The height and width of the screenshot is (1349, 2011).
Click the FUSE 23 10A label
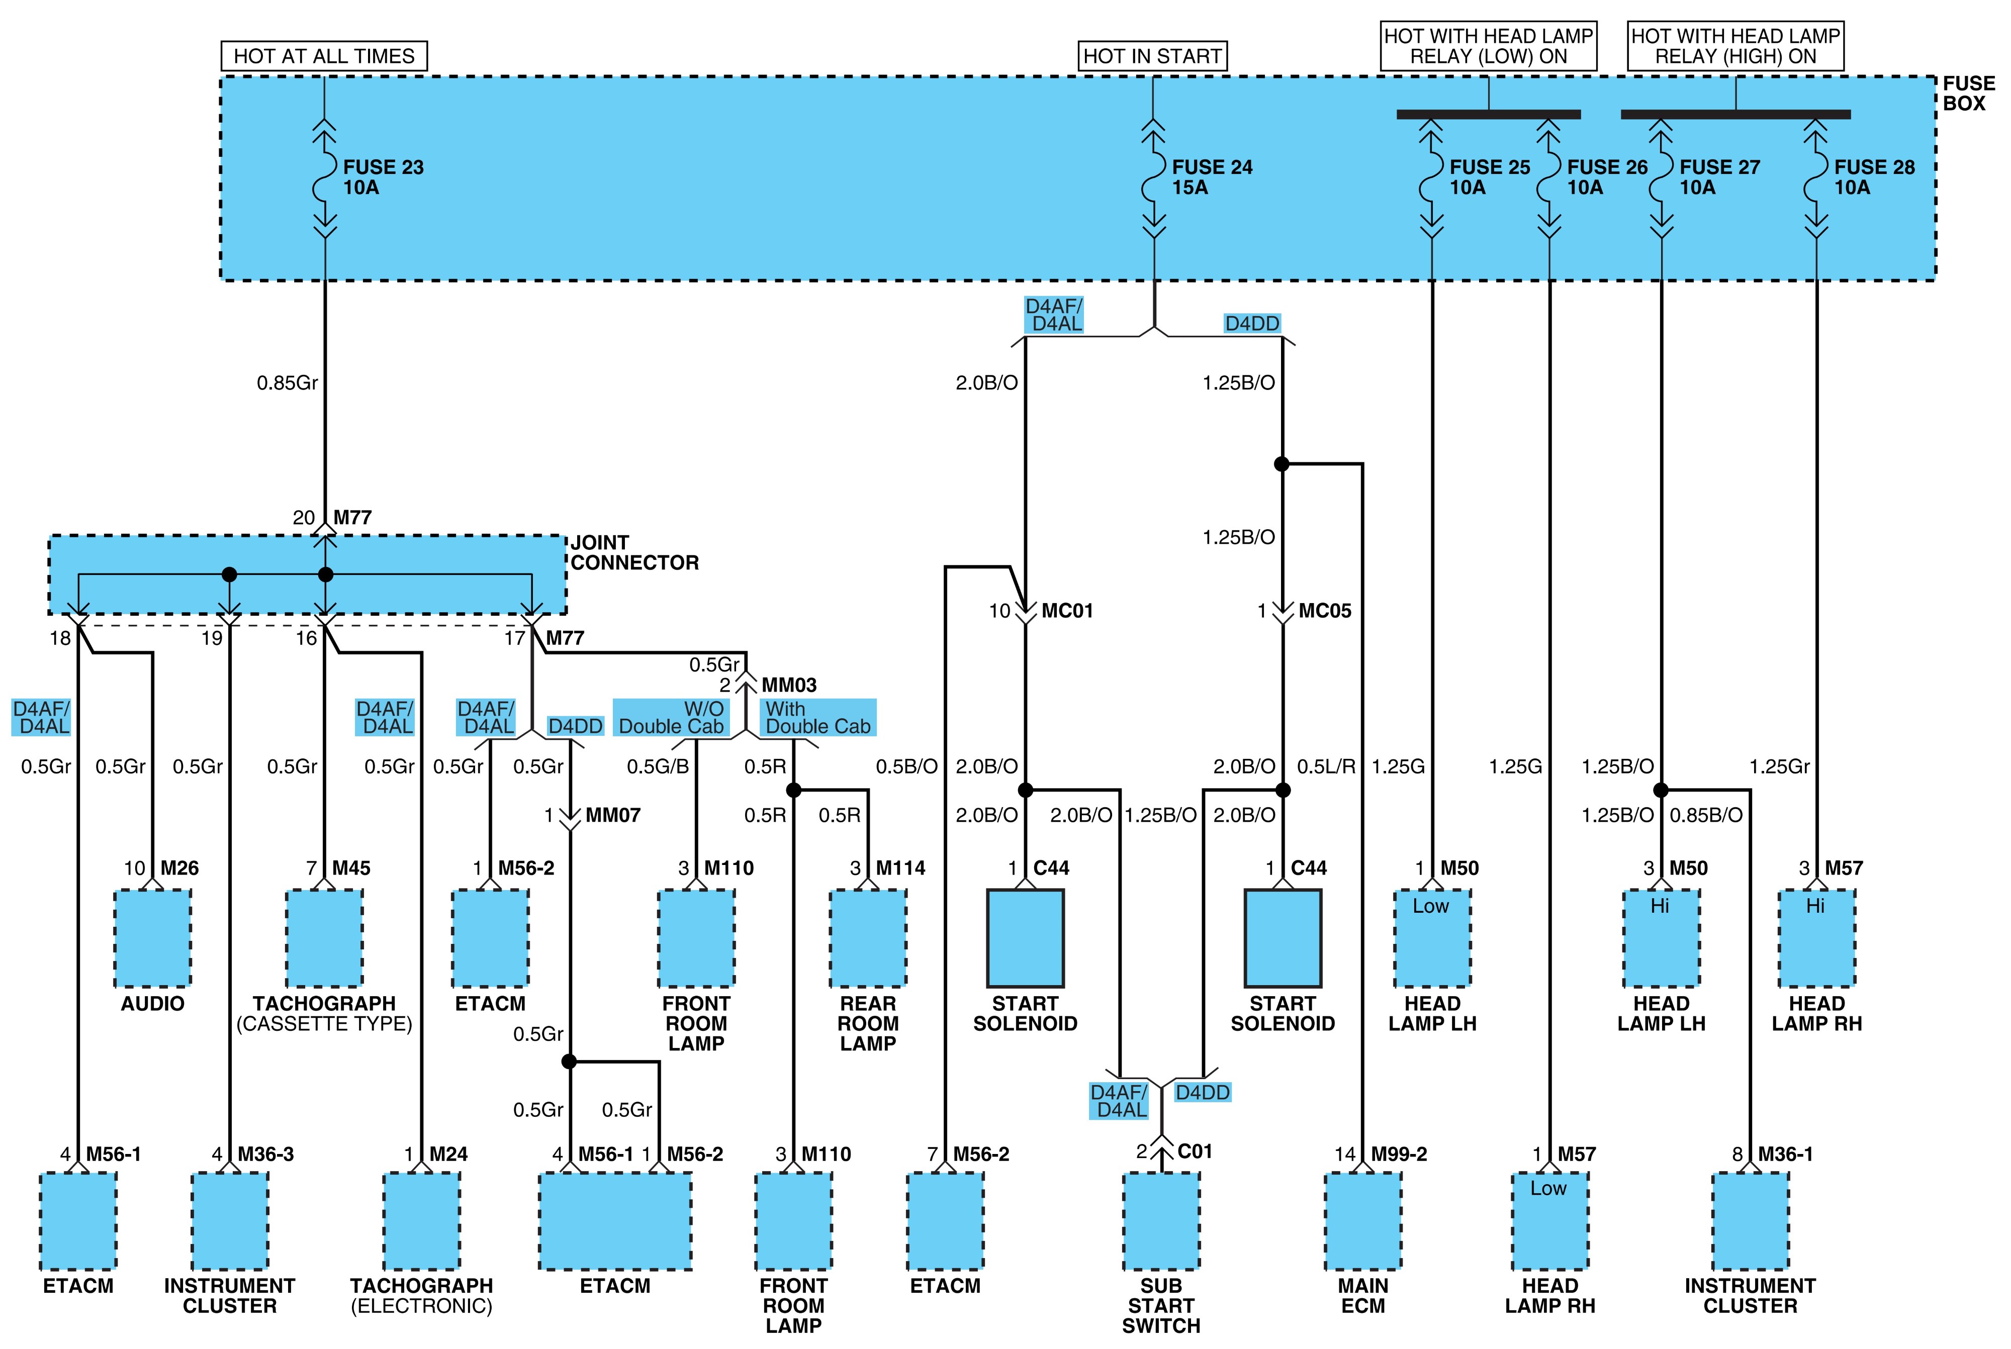point(383,177)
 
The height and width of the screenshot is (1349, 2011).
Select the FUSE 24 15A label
point(1212,177)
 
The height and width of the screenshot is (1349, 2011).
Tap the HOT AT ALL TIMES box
point(324,56)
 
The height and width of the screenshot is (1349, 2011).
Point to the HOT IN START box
point(1152,56)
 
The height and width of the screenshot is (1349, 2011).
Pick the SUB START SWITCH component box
point(1161,1221)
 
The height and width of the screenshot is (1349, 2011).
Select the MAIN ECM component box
point(1363,1221)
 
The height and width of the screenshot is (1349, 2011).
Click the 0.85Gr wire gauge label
point(288,383)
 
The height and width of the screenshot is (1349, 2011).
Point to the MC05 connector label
point(1325,611)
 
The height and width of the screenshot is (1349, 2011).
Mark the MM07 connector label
point(613,815)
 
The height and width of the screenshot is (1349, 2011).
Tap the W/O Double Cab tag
point(671,718)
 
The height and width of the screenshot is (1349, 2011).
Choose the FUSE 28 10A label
point(1874,177)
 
